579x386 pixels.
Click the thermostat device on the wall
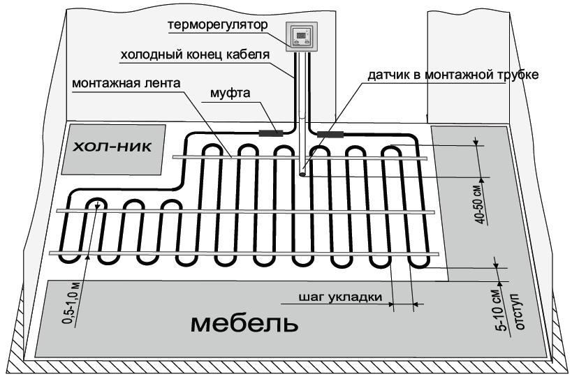(302, 37)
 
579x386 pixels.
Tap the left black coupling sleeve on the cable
(270, 131)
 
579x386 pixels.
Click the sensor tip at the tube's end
(303, 175)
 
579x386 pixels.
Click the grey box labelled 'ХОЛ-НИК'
(112, 149)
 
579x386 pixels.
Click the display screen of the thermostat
(302, 34)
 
